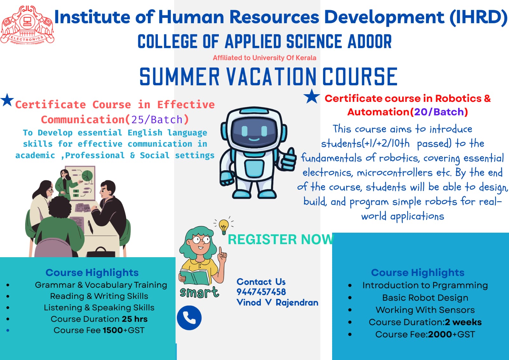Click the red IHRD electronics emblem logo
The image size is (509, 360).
[27, 25]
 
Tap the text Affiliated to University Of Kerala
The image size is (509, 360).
[264, 58]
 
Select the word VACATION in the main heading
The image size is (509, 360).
[271, 76]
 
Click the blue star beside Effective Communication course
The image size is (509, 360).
[7, 100]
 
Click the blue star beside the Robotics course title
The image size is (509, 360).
[312, 96]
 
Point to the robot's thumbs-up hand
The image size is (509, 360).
[288, 159]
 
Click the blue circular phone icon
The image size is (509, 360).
[189, 318]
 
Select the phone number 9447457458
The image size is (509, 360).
[261, 292]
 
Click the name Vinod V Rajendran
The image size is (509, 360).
[277, 303]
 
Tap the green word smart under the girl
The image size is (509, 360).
[199, 293]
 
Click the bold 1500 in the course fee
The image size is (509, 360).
[113, 330]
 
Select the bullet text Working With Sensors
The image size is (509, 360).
[425, 310]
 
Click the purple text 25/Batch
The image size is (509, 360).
[157, 120]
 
